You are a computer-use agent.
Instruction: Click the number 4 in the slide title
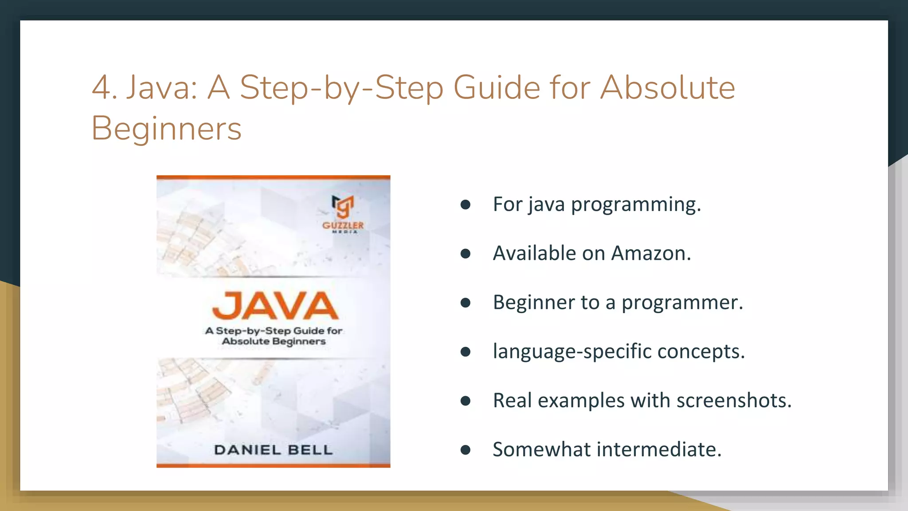point(102,87)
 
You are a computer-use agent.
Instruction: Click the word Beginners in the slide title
point(166,129)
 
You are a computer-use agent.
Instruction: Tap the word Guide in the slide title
point(497,87)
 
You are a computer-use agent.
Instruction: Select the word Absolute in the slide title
point(668,87)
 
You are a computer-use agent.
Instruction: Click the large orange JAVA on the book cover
point(275,306)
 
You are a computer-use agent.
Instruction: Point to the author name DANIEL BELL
point(273,450)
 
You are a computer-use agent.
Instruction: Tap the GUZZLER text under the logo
point(343,225)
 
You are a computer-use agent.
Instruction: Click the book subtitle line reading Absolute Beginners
point(274,342)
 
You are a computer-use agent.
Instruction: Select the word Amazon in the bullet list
point(651,253)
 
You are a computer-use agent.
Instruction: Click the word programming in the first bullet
point(636,204)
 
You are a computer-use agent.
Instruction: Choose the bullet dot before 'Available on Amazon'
point(465,253)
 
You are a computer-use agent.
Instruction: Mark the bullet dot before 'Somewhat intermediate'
point(465,450)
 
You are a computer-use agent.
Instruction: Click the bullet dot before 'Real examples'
point(465,401)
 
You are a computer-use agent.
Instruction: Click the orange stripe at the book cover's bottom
point(273,465)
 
